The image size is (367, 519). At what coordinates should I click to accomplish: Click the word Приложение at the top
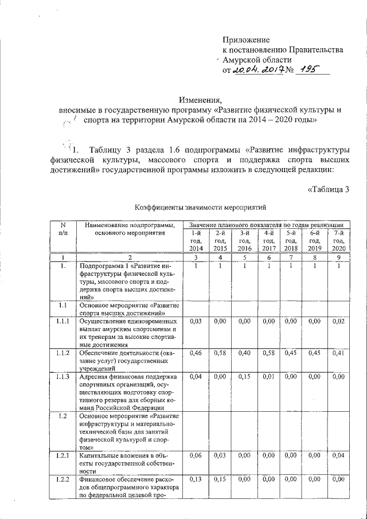coord(246,40)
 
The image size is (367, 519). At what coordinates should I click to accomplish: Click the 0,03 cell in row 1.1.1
coord(196,322)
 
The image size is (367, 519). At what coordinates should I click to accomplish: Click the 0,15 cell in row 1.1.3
coord(245,376)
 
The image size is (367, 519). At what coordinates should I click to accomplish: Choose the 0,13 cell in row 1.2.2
coord(196,479)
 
